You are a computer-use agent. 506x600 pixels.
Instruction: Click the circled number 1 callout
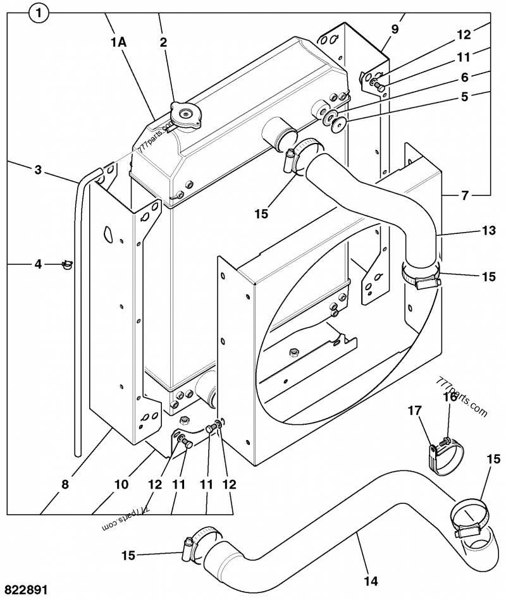pos(39,13)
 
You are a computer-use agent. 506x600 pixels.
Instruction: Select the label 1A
pos(118,43)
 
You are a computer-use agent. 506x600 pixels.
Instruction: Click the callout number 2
pos(163,43)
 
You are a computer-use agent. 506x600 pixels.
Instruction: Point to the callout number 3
pos(38,169)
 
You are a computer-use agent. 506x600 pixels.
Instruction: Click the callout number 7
pos(465,195)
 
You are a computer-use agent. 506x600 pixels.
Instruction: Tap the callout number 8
pos(65,485)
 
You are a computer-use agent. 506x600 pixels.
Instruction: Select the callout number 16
pos(449,397)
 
